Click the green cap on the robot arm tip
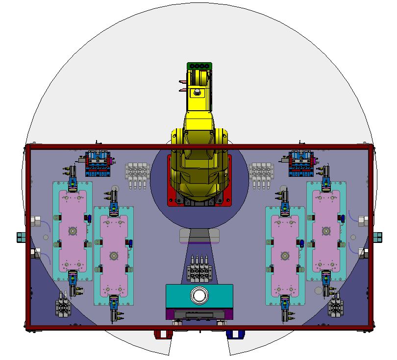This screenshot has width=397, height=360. (199, 66)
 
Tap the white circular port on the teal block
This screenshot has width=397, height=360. (199, 295)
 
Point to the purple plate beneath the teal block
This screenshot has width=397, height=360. (199, 313)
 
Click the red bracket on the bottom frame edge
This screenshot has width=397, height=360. (161, 334)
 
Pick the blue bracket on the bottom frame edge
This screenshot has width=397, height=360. (235, 334)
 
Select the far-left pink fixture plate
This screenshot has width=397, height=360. (73, 230)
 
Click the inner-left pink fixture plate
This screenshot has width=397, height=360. (114, 255)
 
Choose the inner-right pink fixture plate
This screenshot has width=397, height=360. (285, 255)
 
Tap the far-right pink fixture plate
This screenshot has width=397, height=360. (326, 230)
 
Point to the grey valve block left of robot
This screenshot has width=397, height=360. (137, 174)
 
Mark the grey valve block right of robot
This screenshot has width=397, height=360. (261, 174)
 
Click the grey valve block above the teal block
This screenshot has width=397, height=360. (199, 268)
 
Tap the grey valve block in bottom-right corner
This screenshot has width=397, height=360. (336, 306)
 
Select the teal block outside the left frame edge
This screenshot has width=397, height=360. (20, 237)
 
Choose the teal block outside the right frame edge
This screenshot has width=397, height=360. (378, 237)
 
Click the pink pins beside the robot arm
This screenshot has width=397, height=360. (183, 86)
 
